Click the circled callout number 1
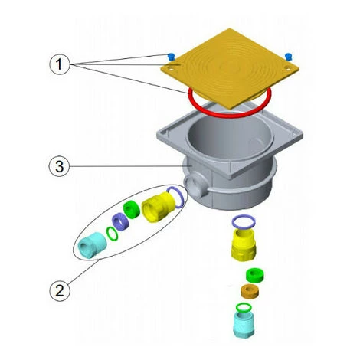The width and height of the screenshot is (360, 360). click(59, 64)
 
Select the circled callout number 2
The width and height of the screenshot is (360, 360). click(60, 291)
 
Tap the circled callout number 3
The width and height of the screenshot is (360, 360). click(59, 166)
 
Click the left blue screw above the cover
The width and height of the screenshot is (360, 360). click(170, 57)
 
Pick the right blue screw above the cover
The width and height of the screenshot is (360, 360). click(289, 57)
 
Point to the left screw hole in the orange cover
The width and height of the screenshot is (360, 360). click(170, 68)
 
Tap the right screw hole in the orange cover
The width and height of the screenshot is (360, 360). click(288, 67)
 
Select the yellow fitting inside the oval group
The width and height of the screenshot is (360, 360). click(159, 207)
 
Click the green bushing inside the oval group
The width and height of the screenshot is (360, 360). click(132, 209)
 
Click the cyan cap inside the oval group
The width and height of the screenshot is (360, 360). click(92, 244)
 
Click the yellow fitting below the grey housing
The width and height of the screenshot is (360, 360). click(244, 244)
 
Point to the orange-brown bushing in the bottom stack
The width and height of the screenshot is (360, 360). click(250, 291)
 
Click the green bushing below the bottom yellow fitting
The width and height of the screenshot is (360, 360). click(255, 275)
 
